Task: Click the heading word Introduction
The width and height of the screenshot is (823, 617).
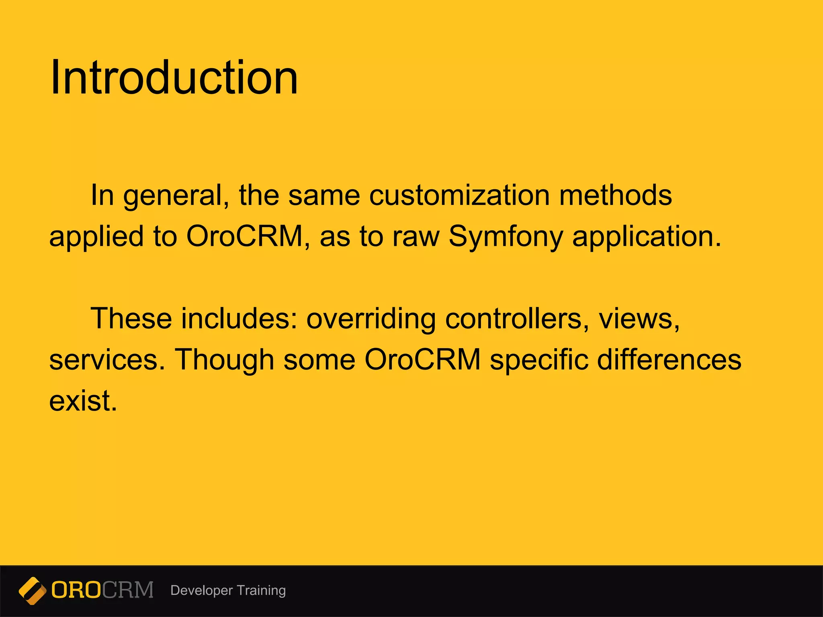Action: pyautogui.click(x=174, y=77)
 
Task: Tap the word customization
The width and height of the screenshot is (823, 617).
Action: pyautogui.click(x=459, y=195)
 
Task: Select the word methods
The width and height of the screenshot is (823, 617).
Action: pyautogui.click(x=615, y=195)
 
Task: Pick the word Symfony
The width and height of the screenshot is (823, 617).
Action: pyautogui.click(x=506, y=237)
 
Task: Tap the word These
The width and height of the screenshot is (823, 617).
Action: pyautogui.click(x=131, y=319)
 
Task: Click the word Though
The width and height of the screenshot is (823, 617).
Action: pyautogui.click(x=224, y=360)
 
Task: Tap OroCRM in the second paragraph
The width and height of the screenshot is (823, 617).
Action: pyautogui.click(x=422, y=360)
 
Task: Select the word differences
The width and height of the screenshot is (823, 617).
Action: pyautogui.click(x=669, y=360)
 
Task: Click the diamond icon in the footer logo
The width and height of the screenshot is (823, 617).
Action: pyautogui.click(x=33, y=590)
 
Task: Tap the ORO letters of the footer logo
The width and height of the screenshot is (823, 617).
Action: pyautogui.click(x=76, y=590)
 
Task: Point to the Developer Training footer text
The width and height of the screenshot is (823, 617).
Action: pyautogui.click(x=228, y=590)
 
